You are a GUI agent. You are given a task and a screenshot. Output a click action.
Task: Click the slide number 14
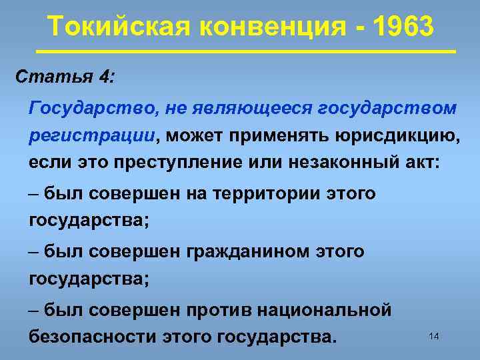(x=434, y=337)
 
